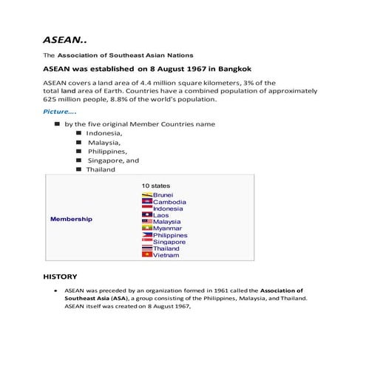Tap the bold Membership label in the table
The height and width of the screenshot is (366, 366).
(71, 220)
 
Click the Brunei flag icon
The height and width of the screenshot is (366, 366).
(146, 194)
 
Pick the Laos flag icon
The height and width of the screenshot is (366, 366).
(146, 215)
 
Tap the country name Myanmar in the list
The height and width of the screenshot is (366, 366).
(169, 228)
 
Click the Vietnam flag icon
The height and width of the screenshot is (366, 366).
(146, 255)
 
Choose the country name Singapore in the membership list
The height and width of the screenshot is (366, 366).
(169, 242)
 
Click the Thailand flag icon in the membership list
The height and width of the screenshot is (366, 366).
(146, 248)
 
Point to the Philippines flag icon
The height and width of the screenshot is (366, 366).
(146, 235)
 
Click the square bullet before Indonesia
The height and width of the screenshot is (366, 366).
(78, 133)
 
